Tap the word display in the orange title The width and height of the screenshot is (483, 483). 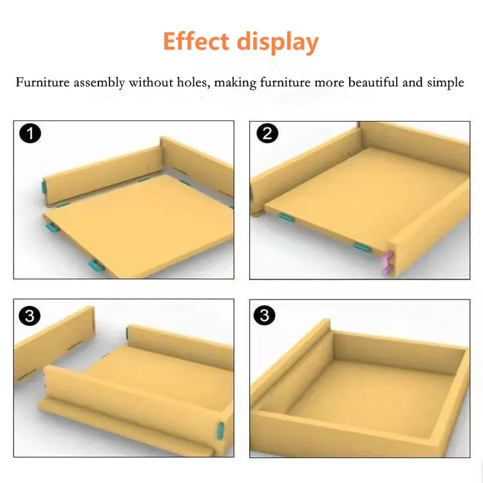(278, 43)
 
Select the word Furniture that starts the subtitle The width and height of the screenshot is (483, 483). (43, 82)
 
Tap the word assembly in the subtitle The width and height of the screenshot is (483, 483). (99, 83)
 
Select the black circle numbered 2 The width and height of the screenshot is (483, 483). (266, 134)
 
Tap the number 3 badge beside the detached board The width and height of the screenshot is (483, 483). (30, 315)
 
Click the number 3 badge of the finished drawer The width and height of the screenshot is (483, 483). (266, 315)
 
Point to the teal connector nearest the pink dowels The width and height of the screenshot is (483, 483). (362, 247)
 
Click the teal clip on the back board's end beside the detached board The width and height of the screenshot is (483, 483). (128, 334)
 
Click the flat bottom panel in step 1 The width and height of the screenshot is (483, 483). (138, 225)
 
